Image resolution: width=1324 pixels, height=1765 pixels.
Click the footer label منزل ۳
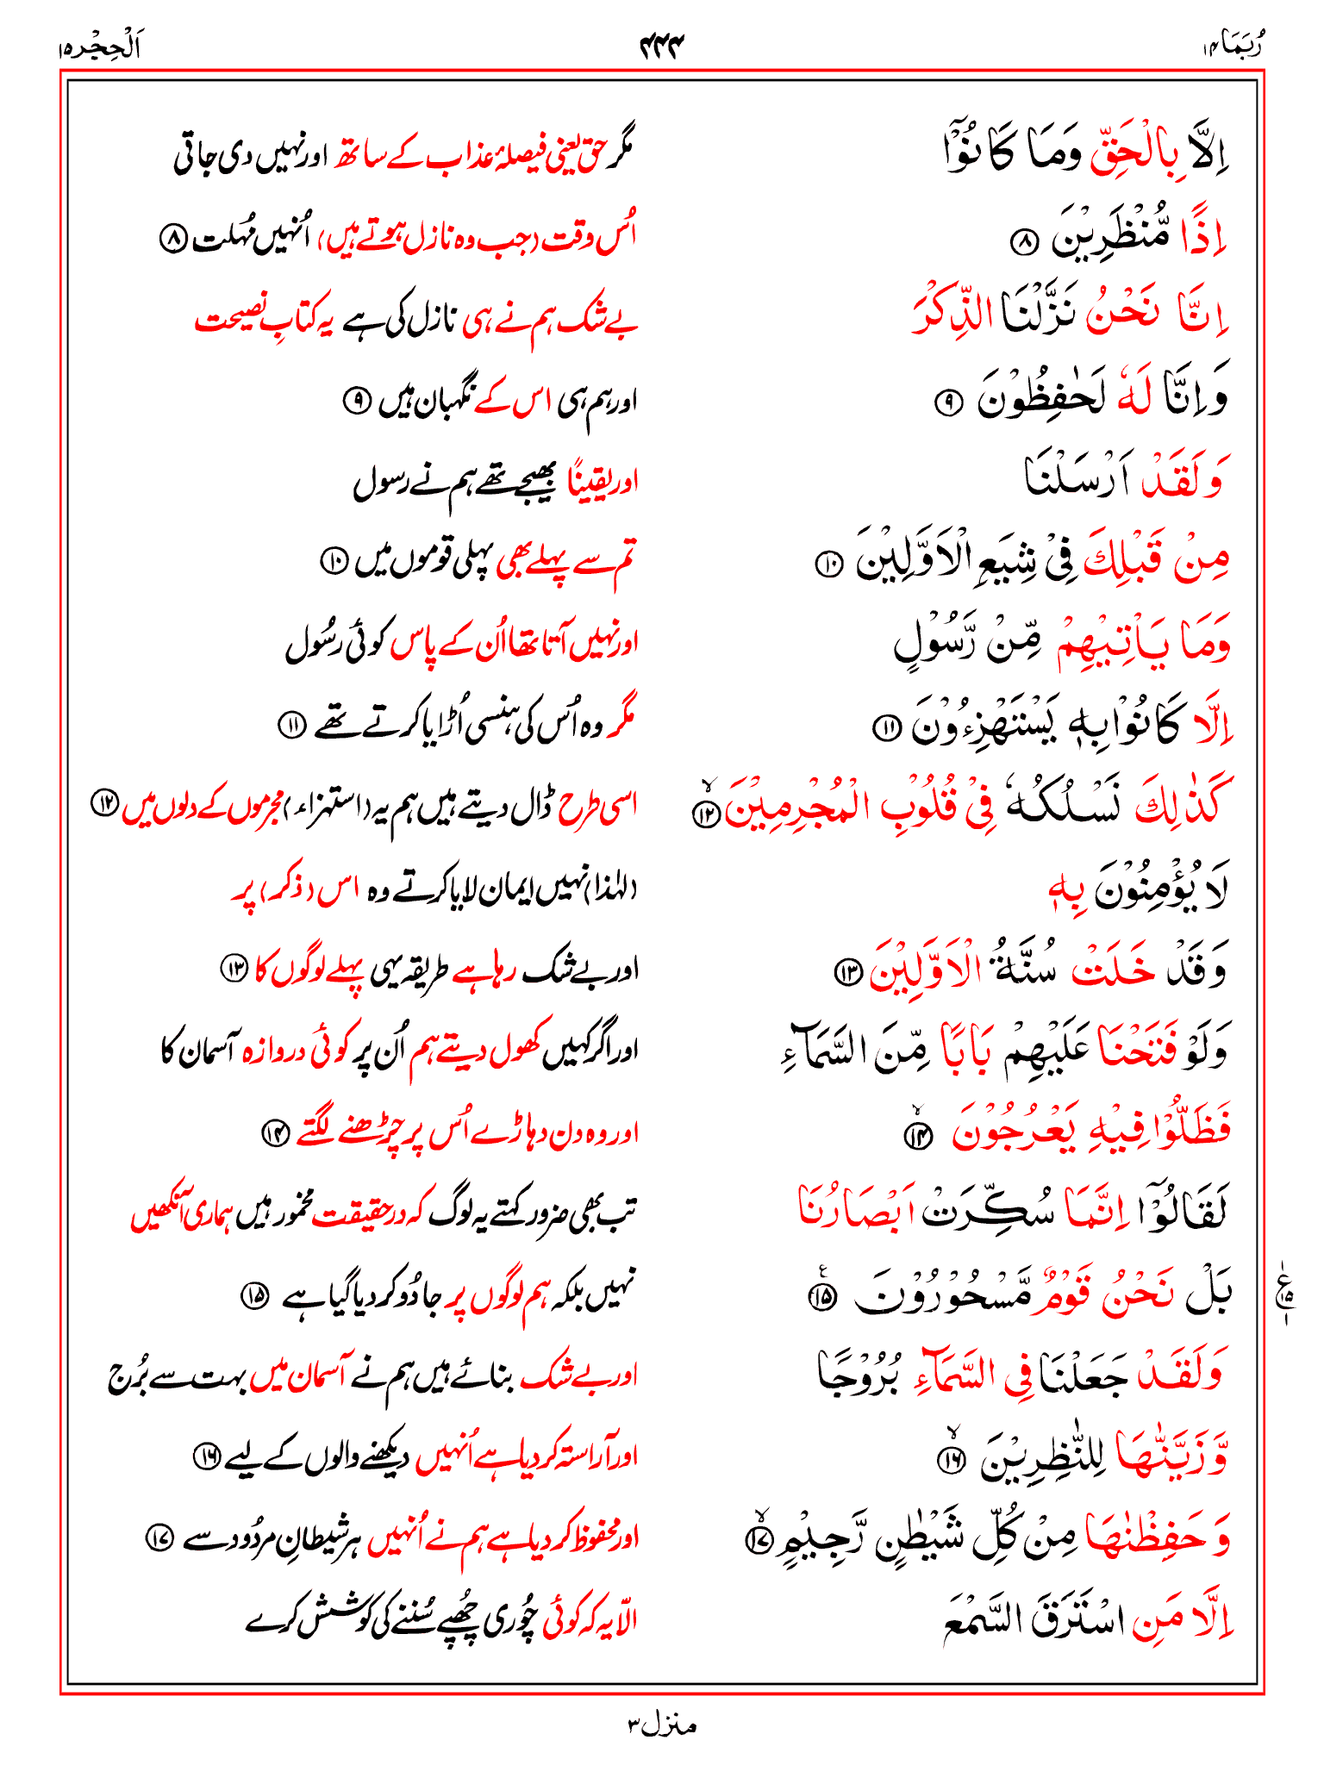point(662,1724)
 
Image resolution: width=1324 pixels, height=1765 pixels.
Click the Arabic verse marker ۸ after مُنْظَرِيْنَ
point(1024,244)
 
